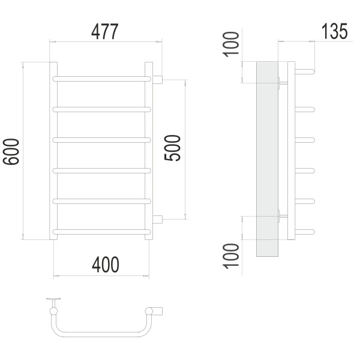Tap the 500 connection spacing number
pyautogui.click(x=173, y=146)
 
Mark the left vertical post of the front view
pyautogui.click(x=53, y=150)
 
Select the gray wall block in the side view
pyautogui.click(x=267, y=159)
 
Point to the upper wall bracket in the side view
pyautogui.click(x=283, y=82)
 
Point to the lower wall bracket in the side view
pyautogui.click(x=283, y=214)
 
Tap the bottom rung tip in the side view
pyautogui.click(x=310, y=230)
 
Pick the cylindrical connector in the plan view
pyautogui.click(x=155, y=310)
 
